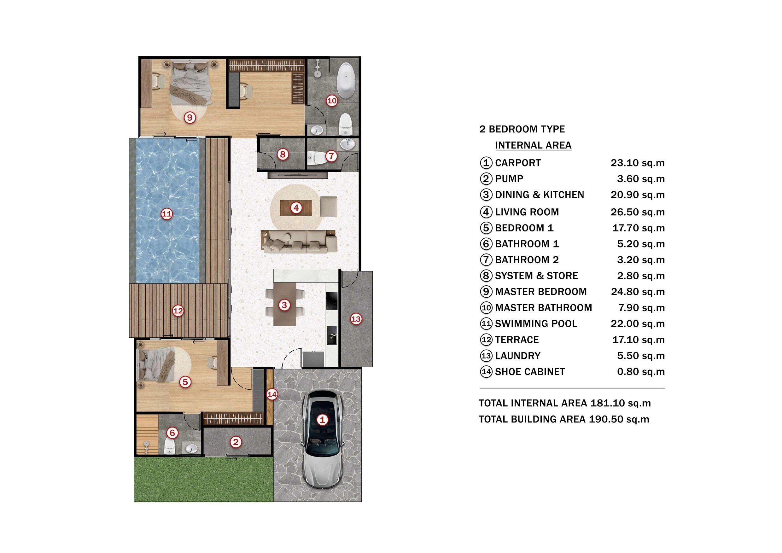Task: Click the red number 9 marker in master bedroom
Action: [x=190, y=118]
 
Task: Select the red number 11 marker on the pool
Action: [x=166, y=214]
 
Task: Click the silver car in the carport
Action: [x=322, y=439]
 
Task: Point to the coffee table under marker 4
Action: [x=296, y=208]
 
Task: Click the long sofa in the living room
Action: [x=299, y=242]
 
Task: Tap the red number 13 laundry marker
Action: [x=356, y=319]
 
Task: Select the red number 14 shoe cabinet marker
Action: [x=272, y=395]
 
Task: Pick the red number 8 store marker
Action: [x=282, y=154]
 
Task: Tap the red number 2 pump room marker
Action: [x=235, y=442]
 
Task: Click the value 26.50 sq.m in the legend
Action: [x=637, y=212]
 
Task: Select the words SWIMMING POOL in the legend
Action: [x=536, y=324]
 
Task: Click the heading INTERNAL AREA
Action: [x=533, y=145]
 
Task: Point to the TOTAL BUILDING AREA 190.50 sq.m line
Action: [x=564, y=419]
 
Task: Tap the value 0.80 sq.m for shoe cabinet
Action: [x=641, y=372]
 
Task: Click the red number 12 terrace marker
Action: [x=178, y=311]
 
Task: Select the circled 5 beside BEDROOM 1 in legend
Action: [x=486, y=228]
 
